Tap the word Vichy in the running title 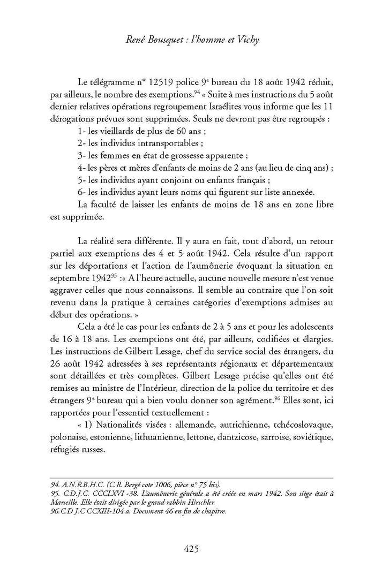238,38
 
